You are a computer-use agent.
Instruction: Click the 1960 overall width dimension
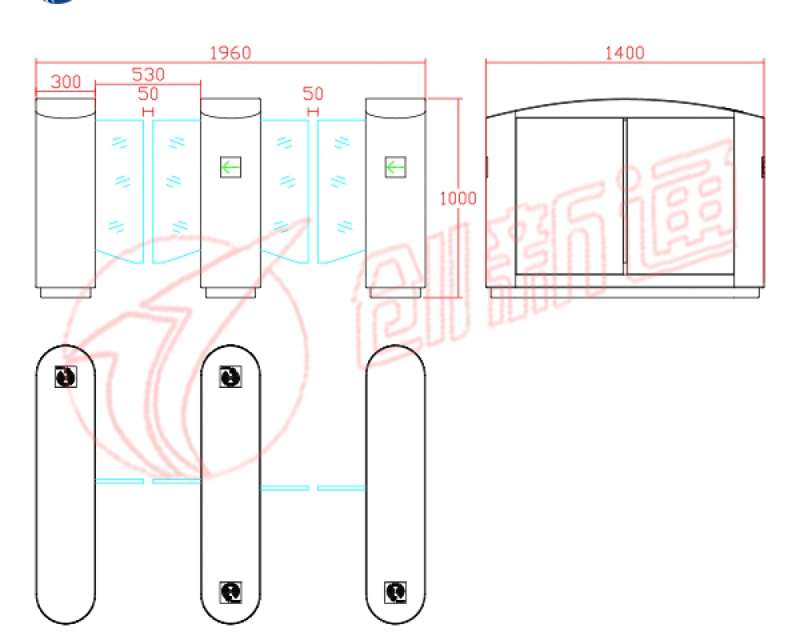[230, 53]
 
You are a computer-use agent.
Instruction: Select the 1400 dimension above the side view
[625, 53]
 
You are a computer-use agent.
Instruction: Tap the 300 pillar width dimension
[66, 82]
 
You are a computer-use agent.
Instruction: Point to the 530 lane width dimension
[148, 74]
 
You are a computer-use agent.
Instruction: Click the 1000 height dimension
[458, 198]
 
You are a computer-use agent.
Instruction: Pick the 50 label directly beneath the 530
[148, 94]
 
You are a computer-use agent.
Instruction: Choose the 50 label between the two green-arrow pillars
[313, 94]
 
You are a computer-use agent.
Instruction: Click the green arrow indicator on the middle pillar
[230, 167]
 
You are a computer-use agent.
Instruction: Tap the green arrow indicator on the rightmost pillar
[395, 167]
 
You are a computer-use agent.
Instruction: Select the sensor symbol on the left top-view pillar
[66, 377]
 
